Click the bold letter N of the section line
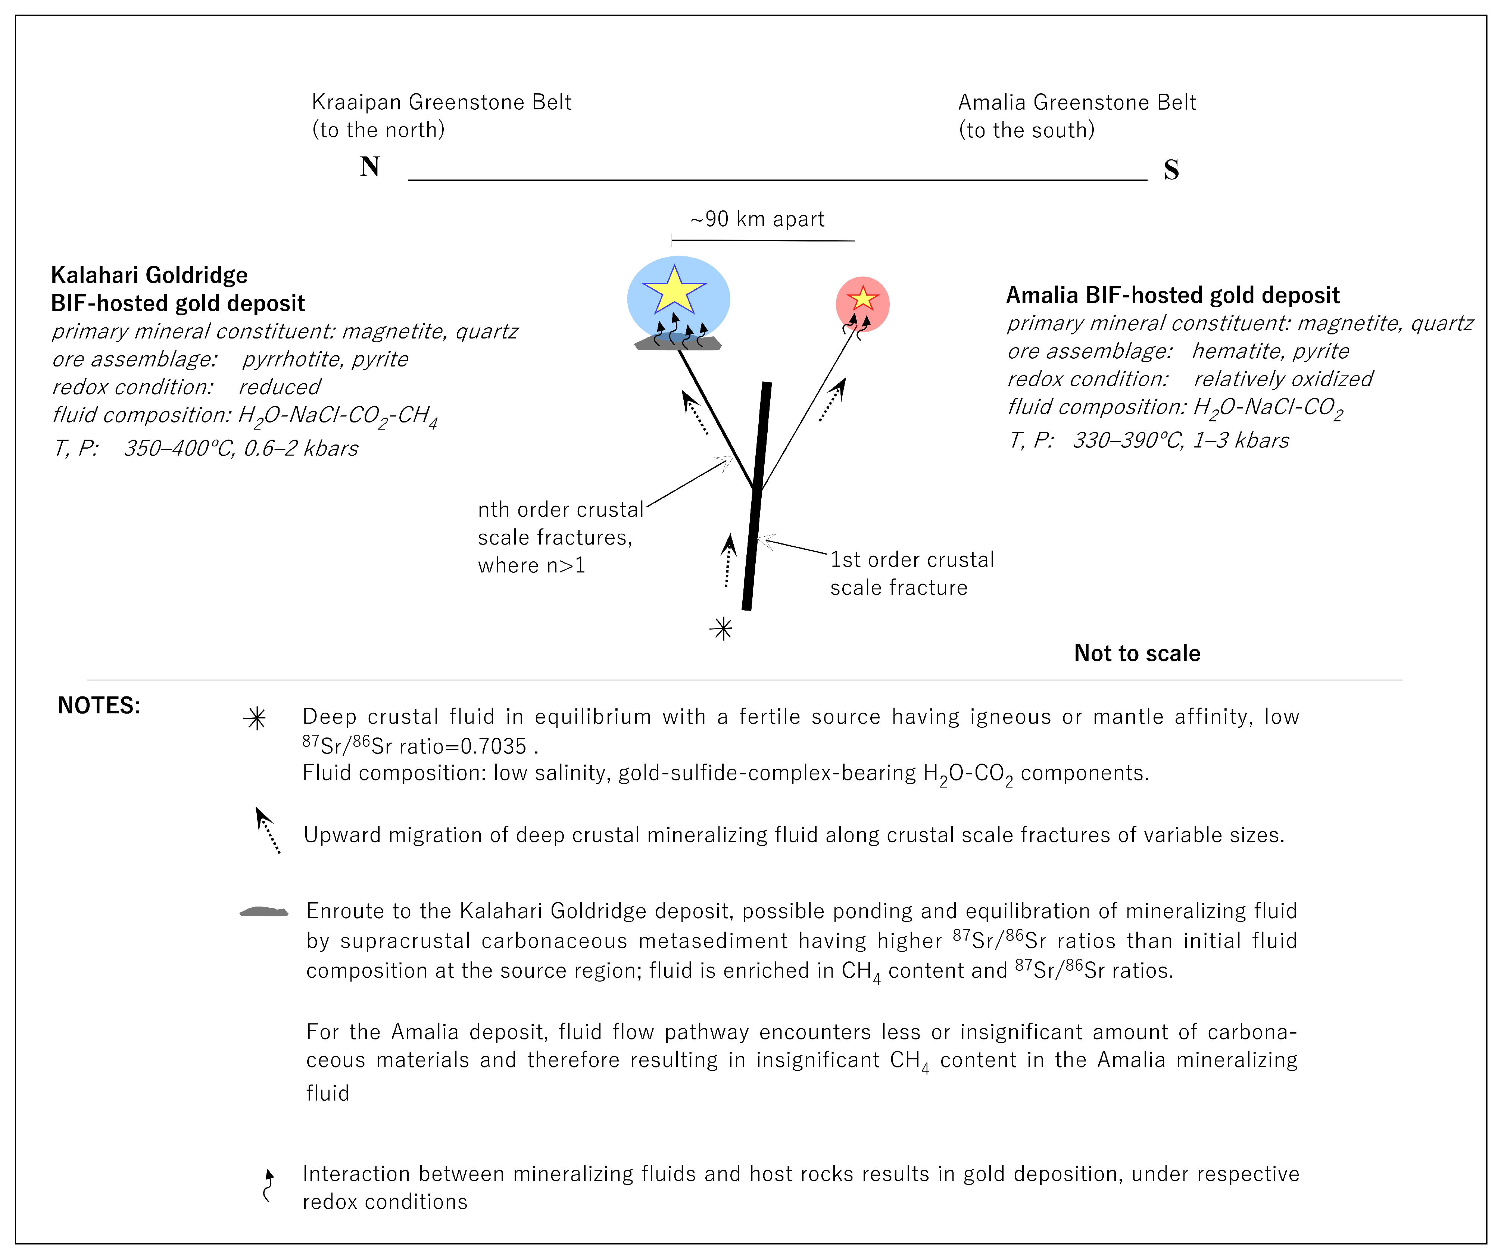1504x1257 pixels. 369,167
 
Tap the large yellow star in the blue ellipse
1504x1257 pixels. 674,290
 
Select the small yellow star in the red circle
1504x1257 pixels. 863,298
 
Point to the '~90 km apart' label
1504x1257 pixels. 757,219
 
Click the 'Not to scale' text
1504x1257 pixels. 1137,653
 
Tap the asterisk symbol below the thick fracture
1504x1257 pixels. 722,629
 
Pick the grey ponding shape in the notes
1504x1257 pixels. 263,912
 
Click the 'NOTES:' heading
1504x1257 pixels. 99,705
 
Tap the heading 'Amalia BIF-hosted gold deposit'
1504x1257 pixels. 1172,295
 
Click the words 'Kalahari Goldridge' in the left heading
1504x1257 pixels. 149,275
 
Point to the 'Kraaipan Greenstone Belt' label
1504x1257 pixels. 441,102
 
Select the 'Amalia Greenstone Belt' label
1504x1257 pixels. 1076,102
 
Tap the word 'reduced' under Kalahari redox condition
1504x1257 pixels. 279,387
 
